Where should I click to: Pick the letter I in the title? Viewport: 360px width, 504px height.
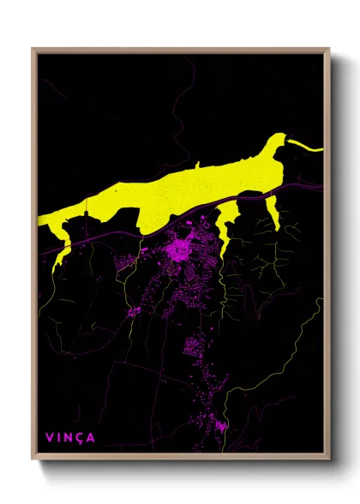pyautogui.click(x=59, y=437)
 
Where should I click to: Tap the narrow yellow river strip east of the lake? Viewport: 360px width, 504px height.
pyautogui.click(x=307, y=148)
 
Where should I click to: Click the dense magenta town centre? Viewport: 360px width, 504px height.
pyautogui.click(x=182, y=250)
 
